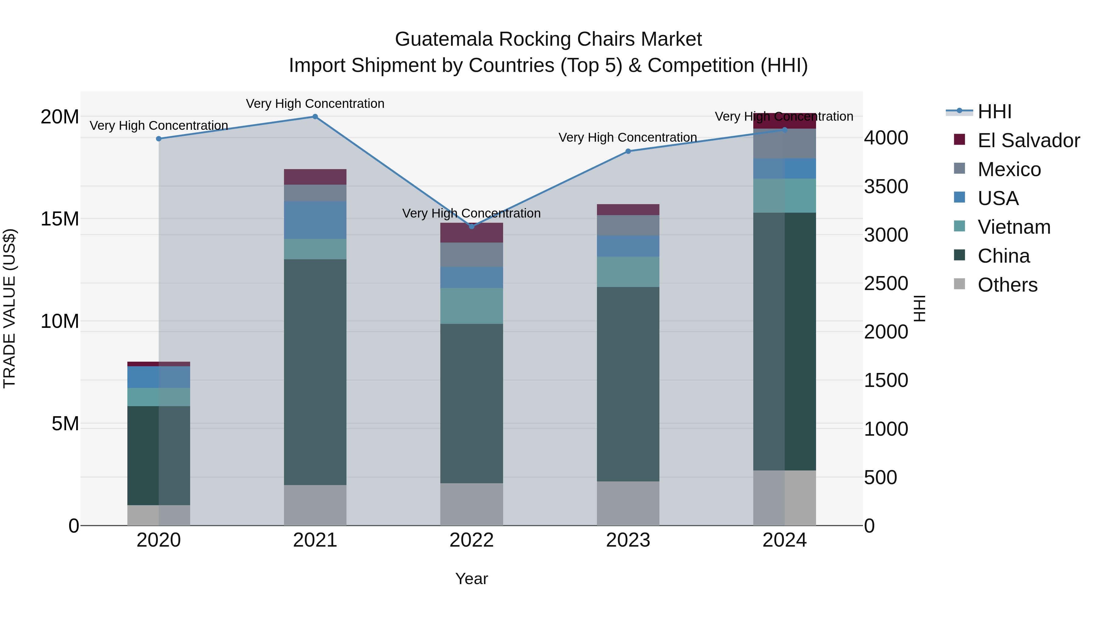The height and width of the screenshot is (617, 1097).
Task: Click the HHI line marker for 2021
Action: click(315, 117)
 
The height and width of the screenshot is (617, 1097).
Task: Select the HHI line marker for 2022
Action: click(471, 226)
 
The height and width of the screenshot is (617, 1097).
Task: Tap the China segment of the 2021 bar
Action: click(315, 372)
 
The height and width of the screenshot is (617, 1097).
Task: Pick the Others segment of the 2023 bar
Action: click(628, 503)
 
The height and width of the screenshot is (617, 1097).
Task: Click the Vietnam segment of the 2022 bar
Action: click(471, 306)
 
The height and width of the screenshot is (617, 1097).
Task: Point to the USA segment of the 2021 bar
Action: click(315, 220)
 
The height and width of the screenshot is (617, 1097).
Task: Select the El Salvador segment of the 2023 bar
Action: click(628, 210)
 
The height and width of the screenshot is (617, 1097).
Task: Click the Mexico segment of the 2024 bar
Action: click(784, 144)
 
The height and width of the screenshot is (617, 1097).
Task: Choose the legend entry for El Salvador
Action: click(1028, 140)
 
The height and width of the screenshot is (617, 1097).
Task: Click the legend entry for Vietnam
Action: click(1014, 227)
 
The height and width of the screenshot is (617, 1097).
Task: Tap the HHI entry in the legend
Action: click(994, 112)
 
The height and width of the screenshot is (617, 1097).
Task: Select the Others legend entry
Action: click(1007, 285)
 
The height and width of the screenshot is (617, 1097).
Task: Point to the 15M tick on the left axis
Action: click(60, 219)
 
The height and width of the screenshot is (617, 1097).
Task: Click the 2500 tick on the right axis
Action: click(886, 284)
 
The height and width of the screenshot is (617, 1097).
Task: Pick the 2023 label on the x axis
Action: click(628, 540)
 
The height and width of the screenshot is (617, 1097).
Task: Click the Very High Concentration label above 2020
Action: click(159, 126)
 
